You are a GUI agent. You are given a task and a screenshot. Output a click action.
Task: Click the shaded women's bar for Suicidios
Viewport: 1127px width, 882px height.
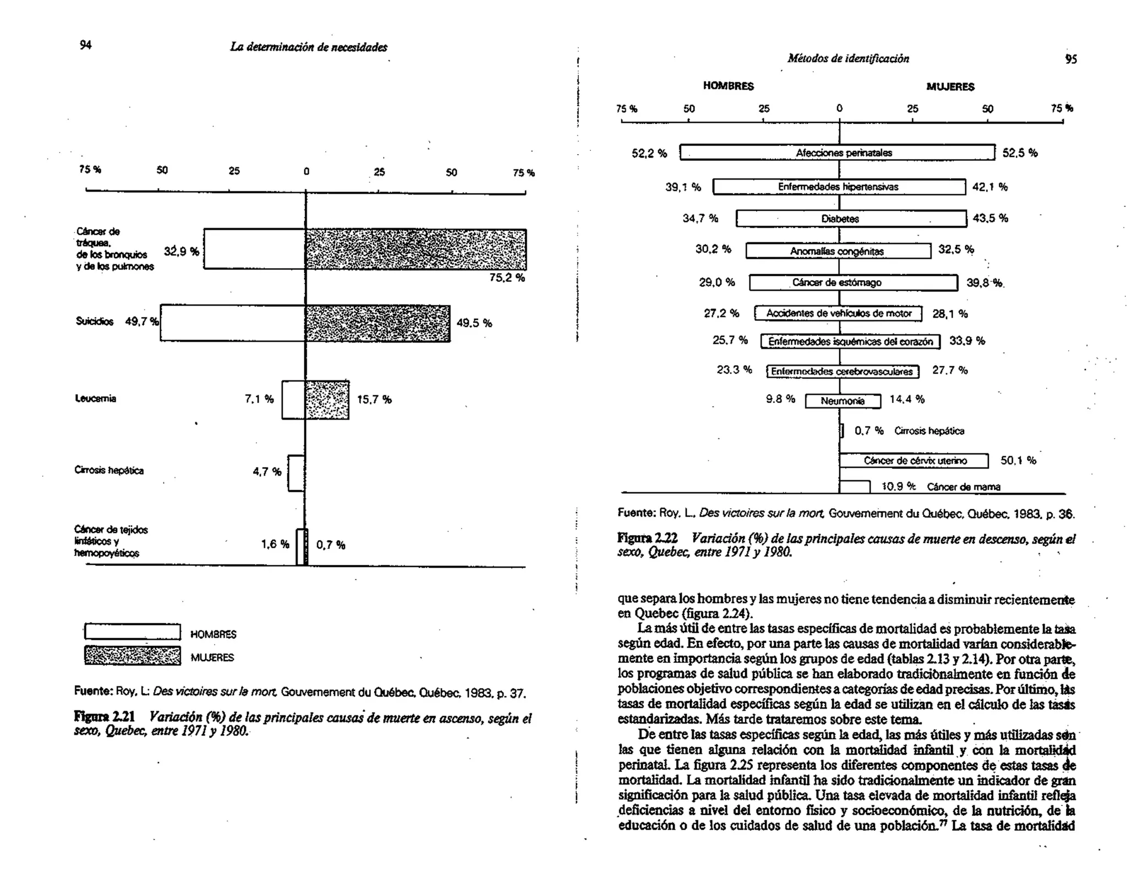[x=378, y=323]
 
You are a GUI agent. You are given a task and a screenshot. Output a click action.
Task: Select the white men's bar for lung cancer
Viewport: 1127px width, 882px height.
[x=254, y=249]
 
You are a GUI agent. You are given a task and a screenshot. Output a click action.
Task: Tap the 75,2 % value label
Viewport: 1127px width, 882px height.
[x=507, y=278]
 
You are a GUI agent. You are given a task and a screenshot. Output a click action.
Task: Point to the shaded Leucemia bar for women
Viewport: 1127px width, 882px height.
[x=327, y=400]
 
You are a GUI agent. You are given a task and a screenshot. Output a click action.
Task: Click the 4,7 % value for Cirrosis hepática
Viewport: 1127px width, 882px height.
[x=267, y=472]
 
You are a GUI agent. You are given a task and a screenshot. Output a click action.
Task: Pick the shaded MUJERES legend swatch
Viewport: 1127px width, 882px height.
[x=132, y=655]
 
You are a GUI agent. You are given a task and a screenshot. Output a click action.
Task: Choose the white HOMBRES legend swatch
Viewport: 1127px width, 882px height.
[x=132, y=632]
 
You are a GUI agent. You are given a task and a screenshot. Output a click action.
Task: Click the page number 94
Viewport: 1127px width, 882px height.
[x=85, y=45]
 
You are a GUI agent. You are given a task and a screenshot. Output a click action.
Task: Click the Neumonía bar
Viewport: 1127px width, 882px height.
[x=842, y=401]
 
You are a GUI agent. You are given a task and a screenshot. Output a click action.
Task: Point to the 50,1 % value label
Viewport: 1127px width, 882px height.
[x=1018, y=460]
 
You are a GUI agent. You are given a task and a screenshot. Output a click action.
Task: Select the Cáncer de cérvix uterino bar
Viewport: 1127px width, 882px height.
[x=914, y=461]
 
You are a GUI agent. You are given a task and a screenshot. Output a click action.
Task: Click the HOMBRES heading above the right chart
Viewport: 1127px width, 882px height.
[x=728, y=86]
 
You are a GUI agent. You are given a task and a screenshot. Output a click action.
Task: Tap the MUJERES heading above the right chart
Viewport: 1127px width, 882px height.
[x=950, y=87]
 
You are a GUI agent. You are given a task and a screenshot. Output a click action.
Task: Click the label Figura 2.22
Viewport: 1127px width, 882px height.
[x=647, y=538]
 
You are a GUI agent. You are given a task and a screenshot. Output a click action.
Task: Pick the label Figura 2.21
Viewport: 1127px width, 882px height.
[x=104, y=717]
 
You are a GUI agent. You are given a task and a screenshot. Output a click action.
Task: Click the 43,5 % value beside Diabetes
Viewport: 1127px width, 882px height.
[x=991, y=218]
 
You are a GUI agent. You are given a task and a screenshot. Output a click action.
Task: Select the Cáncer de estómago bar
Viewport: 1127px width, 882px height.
[x=853, y=283]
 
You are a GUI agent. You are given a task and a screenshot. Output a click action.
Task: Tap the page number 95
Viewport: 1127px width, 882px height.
[x=1070, y=59]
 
